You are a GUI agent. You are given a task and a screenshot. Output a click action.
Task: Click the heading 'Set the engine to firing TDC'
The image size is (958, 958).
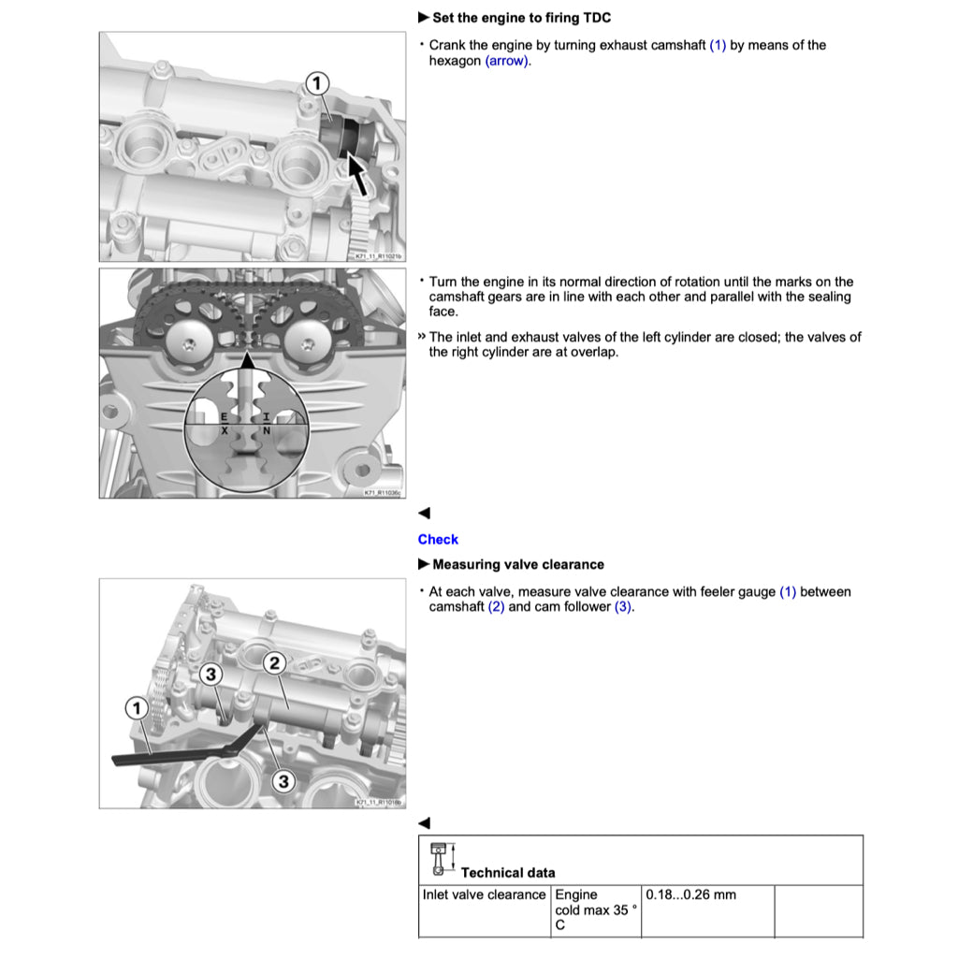521,18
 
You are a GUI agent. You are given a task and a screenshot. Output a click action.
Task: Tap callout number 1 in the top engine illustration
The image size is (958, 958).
317,84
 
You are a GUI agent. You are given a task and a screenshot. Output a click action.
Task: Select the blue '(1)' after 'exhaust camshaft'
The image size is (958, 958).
718,45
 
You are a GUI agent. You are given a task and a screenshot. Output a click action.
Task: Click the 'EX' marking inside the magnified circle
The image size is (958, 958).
224,424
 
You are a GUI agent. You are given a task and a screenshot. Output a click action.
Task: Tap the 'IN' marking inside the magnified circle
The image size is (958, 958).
267,424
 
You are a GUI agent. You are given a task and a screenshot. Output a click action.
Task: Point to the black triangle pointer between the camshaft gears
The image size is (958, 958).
248,359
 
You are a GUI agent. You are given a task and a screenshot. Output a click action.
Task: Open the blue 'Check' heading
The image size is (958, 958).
438,539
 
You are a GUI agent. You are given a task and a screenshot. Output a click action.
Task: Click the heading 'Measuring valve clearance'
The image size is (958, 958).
517,564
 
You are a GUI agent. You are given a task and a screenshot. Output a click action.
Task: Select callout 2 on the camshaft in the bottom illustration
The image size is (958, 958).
274,663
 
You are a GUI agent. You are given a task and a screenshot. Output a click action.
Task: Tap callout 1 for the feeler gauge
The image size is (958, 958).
138,708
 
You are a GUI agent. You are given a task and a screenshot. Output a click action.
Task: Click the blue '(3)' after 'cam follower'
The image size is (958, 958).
623,606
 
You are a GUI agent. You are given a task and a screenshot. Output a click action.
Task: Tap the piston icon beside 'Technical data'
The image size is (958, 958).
440,860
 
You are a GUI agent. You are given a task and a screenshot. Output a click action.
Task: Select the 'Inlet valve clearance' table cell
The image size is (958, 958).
484,895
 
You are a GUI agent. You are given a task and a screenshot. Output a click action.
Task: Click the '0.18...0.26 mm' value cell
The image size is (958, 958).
690,895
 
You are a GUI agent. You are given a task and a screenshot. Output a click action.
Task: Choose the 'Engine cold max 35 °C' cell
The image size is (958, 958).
596,909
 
